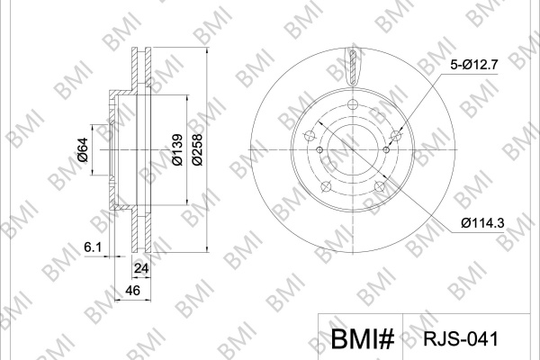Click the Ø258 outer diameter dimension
(x=197, y=149)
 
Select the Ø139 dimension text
(x=177, y=149)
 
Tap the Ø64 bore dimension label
(x=83, y=149)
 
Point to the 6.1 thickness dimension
(x=93, y=247)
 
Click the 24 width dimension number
(x=141, y=268)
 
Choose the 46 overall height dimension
(x=132, y=291)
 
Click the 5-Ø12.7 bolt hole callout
(x=474, y=65)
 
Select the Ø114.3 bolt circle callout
(x=482, y=223)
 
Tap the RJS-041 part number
(x=461, y=339)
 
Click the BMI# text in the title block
(x=363, y=338)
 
